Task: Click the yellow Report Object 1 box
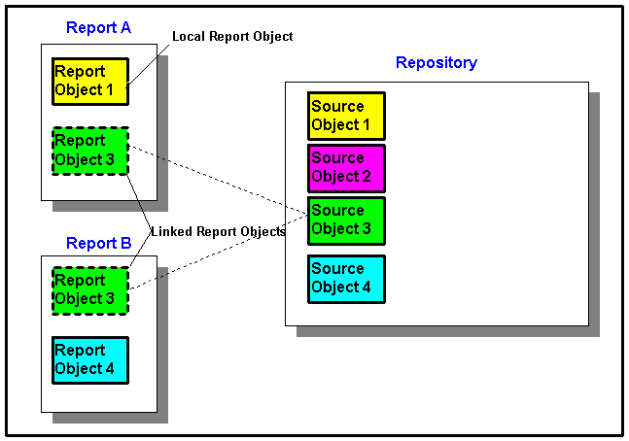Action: (x=89, y=81)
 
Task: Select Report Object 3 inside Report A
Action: (x=90, y=151)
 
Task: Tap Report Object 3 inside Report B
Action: (x=89, y=289)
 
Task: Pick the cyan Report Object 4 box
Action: (x=89, y=359)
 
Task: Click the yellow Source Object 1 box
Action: (x=346, y=116)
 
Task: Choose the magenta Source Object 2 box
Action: (x=346, y=168)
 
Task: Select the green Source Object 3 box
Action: (x=346, y=220)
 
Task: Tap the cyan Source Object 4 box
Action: (x=346, y=279)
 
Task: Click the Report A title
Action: (x=98, y=27)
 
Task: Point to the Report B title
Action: (x=98, y=243)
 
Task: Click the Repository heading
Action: (x=436, y=63)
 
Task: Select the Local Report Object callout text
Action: (x=232, y=36)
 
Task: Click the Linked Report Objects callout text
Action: (x=218, y=231)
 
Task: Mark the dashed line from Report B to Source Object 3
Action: (x=219, y=258)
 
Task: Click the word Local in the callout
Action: (x=189, y=36)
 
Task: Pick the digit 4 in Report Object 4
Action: (x=108, y=369)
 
